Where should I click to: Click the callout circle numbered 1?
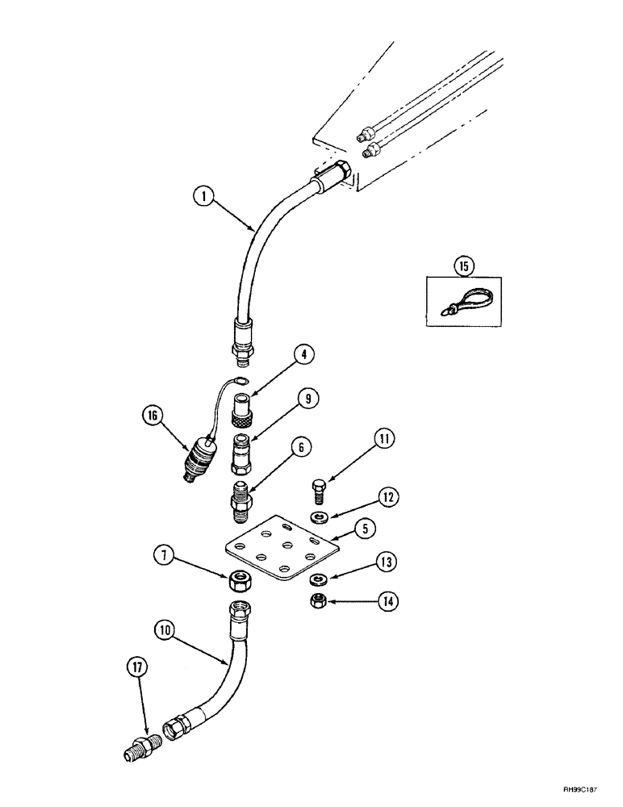tap(205, 194)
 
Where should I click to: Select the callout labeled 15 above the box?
tap(464, 265)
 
